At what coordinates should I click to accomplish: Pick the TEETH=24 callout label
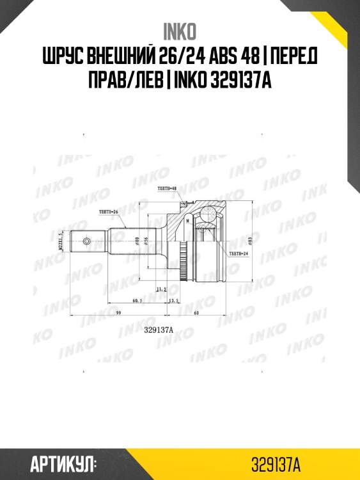coord(238,253)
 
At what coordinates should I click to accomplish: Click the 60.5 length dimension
coord(137,300)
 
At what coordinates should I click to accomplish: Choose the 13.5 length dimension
coord(171,300)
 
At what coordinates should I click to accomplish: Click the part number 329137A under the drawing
coord(159,330)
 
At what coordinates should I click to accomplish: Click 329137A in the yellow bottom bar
coord(276,463)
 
